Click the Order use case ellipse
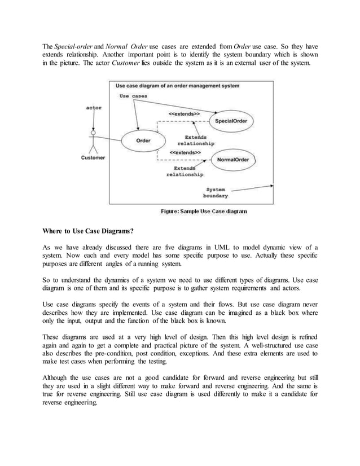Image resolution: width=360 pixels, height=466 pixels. [x=143, y=140]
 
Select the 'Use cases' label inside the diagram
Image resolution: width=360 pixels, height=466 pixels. [x=134, y=96]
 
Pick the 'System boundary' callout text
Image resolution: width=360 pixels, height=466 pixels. [x=217, y=192]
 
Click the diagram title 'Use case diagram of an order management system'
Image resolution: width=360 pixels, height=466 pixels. [x=177, y=86]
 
